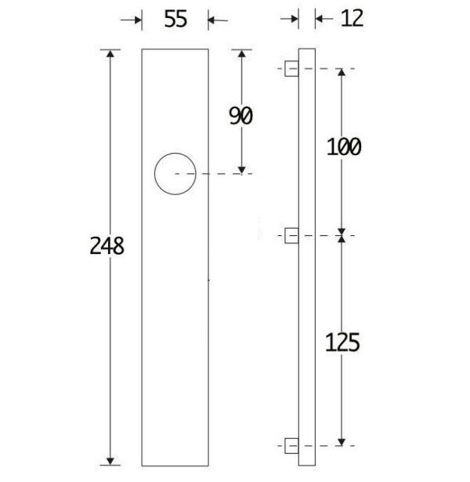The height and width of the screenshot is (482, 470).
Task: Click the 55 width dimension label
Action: pos(175,19)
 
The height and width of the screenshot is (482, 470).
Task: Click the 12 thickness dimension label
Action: pos(352,18)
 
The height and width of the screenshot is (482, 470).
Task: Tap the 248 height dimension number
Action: pos(107,246)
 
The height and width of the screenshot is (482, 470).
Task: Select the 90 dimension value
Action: pos(240,115)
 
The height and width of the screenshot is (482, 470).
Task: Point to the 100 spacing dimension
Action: pos(344,147)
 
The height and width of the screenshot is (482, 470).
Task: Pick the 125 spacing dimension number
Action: pos(342,342)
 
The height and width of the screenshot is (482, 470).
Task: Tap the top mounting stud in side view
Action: pos(291,68)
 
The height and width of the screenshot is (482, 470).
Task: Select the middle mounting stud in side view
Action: pos(291,236)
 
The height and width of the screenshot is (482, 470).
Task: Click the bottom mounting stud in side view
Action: pos(291,446)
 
